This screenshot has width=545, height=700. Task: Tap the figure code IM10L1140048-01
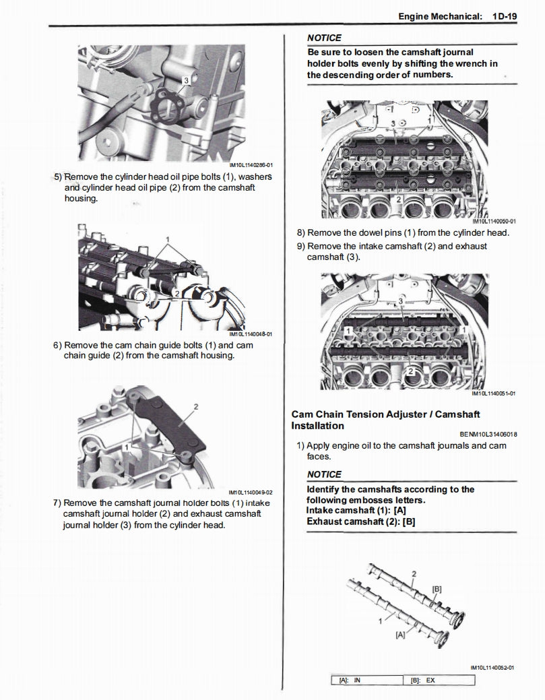click(x=251, y=333)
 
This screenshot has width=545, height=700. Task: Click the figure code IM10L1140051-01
click(x=494, y=393)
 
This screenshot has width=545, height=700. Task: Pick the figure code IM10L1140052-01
click(x=492, y=667)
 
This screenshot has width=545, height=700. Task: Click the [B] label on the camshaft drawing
click(x=437, y=589)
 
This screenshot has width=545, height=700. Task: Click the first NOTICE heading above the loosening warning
click(x=324, y=38)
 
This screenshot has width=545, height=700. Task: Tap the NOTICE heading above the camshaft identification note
click(x=324, y=474)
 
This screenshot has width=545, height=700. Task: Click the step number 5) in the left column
click(x=57, y=177)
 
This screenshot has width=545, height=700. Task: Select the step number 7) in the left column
click(x=57, y=503)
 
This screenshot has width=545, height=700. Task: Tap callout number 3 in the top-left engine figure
click(x=187, y=80)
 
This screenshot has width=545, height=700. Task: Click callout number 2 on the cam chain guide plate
click(x=195, y=406)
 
